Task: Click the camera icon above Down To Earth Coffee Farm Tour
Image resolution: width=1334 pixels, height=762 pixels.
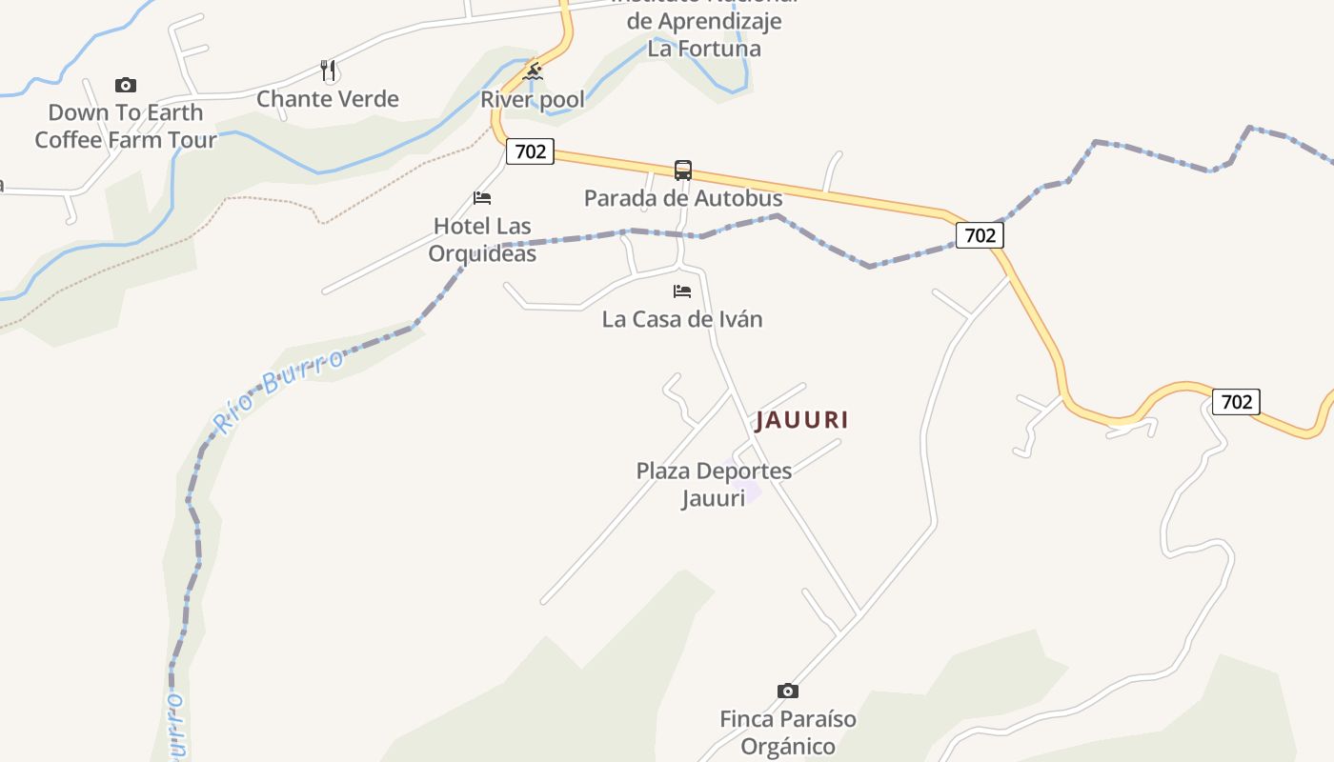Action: tap(126, 86)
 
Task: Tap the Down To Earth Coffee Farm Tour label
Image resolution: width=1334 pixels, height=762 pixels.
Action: tap(126, 126)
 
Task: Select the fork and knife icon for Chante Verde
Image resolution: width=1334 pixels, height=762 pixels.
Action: tap(328, 70)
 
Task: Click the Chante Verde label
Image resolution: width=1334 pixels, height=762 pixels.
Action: tap(328, 99)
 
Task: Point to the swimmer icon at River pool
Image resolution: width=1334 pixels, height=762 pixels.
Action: tap(534, 72)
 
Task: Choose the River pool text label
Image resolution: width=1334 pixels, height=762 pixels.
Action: tap(533, 100)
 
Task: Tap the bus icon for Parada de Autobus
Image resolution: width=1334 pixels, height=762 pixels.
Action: tap(683, 170)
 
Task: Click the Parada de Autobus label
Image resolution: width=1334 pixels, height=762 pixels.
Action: tap(683, 198)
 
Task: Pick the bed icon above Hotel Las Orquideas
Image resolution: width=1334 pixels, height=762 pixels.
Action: tap(482, 198)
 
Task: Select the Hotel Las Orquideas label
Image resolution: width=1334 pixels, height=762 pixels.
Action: tap(482, 239)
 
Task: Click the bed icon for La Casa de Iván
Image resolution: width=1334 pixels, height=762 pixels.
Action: tap(682, 291)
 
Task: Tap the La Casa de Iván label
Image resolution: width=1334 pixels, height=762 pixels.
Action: tap(682, 319)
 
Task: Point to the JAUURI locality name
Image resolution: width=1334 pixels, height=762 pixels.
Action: tap(802, 420)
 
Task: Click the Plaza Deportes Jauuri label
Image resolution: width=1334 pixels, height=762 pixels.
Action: tap(714, 484)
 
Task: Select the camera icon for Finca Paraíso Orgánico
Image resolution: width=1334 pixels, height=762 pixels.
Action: tap(788, 691)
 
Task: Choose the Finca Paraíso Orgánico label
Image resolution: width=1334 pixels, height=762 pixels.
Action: tap(788, 732)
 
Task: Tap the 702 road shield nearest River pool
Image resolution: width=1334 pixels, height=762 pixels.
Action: tap(530, 150)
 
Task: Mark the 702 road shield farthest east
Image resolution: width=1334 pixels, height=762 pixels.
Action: tap(1236, 402)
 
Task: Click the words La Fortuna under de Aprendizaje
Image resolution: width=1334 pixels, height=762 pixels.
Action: tap(704, 48)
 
